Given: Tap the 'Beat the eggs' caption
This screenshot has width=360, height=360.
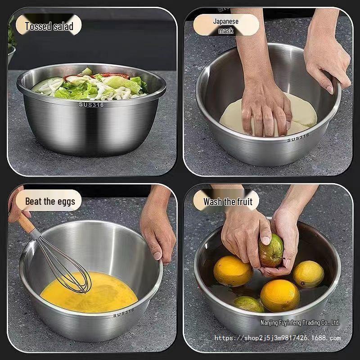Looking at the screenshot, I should tap(49, 201).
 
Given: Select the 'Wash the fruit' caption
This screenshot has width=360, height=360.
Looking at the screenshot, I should tap(228, 201).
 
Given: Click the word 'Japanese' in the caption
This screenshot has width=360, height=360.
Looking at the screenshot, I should tap(226, 21).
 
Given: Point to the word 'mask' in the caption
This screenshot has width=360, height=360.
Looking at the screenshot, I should tap(226, 31).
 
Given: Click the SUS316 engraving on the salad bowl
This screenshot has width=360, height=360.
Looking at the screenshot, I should tap(91, 104).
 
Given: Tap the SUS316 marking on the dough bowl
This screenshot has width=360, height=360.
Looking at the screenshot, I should tap(298, 137).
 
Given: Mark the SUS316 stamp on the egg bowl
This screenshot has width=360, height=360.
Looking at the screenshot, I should tap(123, 312).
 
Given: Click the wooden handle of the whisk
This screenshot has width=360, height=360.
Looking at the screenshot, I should tap(26, 222).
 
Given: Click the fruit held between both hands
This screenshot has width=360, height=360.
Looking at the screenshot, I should tap(271, 250).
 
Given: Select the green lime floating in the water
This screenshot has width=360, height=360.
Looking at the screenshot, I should tap(248, 304).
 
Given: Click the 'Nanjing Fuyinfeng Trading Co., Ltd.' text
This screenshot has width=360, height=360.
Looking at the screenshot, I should tap(300, 323).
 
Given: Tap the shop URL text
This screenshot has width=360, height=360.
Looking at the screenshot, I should tap(277, 338).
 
